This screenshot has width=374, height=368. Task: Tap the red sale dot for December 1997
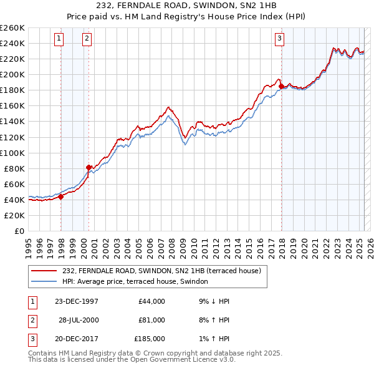(61, 196)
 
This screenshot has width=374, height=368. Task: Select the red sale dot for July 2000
(89, 167)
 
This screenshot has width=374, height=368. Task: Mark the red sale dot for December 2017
(282, 86)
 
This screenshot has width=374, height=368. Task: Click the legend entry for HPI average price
(139, 282)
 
